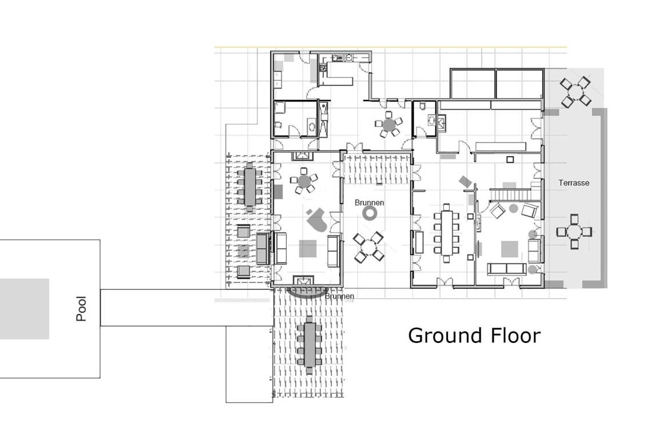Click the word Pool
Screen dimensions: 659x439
click(x=81, y=309)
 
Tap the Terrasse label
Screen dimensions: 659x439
click(x=574, y=183)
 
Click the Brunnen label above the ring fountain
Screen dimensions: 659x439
click(x=369, y=202)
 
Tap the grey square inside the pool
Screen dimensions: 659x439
click(x=25, y=308)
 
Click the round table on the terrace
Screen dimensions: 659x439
click(x=575, y=91)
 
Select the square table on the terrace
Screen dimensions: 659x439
click(x=574, y=232)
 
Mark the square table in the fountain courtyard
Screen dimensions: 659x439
click(x=368, y=248)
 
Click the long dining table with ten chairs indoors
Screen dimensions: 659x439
click(x=447, y=233)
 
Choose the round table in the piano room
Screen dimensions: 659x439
click(x=304, y=181)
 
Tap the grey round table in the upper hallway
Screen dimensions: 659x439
click(x=389, y=125)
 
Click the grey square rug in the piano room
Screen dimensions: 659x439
click(x=308, y=248)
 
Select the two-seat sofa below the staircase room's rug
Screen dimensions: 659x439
click(x=506, y=269)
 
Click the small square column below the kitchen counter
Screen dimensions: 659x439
click(x=510, y=159)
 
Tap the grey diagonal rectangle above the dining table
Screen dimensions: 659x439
click(x=465, y=181)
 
